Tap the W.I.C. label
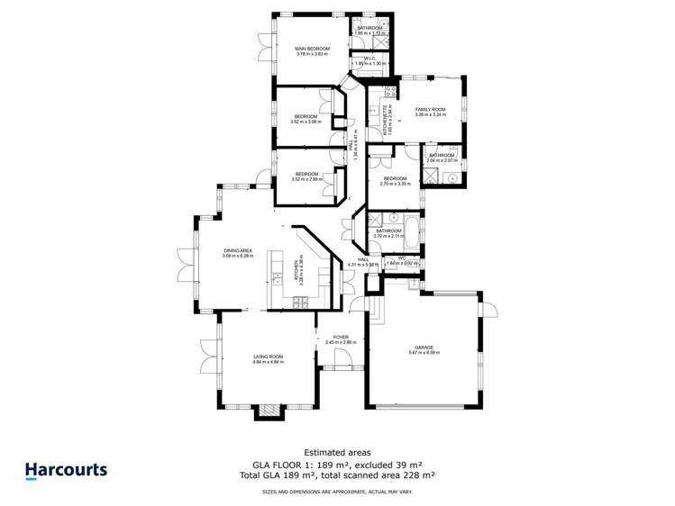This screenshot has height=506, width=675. tap(369, 60)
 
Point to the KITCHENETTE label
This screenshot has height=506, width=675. tap(387, 118)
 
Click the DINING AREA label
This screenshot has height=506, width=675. tap(238, 253)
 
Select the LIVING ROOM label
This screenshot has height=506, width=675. tap(268, 359)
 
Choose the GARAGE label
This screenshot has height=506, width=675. tap(424, 349)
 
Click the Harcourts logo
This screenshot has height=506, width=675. tap(66, 469)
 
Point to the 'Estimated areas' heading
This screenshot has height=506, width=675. tap(336, 452)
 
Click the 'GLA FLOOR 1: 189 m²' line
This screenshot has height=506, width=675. tap(336, 463)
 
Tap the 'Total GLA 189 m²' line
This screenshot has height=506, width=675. tap(336, 474)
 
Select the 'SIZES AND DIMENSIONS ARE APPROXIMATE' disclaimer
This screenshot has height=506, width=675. tap(336, 492)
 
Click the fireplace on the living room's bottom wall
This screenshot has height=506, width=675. tap(268, 411)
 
